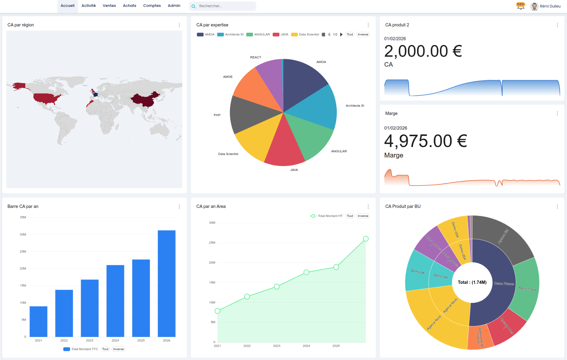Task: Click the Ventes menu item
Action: point(109,6)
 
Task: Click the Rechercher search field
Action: point(225,6)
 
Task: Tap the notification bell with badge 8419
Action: point(521,6)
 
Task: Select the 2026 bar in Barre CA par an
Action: point(166,283)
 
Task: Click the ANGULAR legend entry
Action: point(258,34)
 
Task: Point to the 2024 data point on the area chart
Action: point(306,272)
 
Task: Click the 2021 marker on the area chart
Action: point(217,311)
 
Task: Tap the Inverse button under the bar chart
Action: point(118,349)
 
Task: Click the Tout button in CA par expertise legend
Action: point(350,34)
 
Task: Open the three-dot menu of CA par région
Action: point(179,25)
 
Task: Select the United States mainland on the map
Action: point(46,98)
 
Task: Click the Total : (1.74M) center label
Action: point(472,282)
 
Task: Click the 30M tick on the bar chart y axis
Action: point(23,235)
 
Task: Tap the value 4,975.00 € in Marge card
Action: point(425,141)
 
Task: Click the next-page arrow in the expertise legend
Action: point(341,34)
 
